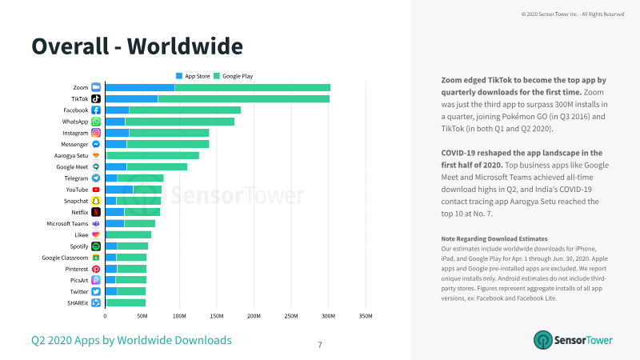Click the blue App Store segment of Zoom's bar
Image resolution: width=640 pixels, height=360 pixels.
(140, 87)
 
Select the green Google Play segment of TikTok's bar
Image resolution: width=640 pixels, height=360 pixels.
(244, 98)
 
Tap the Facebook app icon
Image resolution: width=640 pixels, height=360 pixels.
(96, 110)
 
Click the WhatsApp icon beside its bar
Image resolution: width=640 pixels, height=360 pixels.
(96, 122)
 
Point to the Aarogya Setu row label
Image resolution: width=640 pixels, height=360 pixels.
(71, 155)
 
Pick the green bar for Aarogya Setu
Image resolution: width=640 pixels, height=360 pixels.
(153, 155)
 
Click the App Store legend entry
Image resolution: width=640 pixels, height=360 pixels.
(193, 76)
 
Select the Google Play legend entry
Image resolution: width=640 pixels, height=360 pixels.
(234, 76)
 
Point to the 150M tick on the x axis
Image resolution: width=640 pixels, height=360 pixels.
(216, 316)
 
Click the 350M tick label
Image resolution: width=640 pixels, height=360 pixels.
(366, 316)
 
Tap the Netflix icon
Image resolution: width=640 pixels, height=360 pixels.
(96, 212)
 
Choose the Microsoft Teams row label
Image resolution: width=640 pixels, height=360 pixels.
(67, 224)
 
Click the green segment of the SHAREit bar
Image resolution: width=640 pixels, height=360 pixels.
(126, 303)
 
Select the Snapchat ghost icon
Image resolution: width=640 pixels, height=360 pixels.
(96, 201)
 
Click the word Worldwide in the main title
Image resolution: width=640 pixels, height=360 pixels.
(185, 46)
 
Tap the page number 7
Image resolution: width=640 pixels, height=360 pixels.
(320, 345)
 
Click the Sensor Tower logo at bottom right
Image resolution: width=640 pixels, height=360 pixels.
(573, 340)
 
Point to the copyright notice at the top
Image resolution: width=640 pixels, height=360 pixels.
(573, 14)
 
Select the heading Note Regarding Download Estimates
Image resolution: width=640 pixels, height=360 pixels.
(494, 238)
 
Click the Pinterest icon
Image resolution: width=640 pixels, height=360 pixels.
(96, 269)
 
